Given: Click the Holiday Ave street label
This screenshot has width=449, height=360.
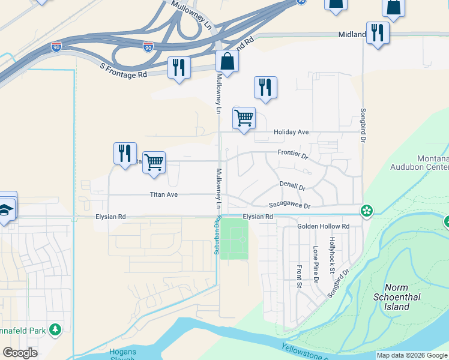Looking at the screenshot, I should [x=291, y=132].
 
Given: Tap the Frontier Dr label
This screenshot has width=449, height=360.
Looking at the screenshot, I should [x=292, y=154].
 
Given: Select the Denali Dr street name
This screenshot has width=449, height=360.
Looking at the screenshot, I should [x=292, y=187].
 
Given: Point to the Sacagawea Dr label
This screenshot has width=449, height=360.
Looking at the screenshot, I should [x=289, y=206].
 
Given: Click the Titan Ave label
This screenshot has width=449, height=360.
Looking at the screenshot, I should [x=164, y=194].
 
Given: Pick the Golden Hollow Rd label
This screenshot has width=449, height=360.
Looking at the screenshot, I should [x=323, y=226].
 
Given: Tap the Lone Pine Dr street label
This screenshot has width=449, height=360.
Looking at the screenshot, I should [x=315, y=264].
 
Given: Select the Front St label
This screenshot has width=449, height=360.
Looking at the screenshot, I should [x=298, y=276].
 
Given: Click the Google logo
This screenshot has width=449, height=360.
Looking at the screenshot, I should [x=20, y=353].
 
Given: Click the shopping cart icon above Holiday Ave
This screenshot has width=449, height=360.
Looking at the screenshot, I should [x=244, y=117].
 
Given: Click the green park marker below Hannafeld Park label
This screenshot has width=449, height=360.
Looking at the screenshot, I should [x=55, y=329].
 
